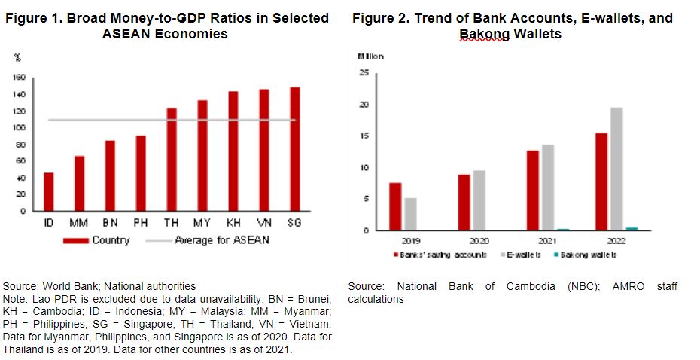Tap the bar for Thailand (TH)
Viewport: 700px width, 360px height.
pyautogui.click(x=172, y=160)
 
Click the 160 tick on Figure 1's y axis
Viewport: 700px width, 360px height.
pyautogui.click(x=20, y=78)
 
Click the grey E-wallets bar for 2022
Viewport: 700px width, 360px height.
pyautogui.click(x=616, y=169)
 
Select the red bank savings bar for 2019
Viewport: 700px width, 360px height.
pyautogui.click(x=395, y=206)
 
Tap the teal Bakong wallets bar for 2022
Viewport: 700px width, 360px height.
pyautogui.click(x=632, y=228)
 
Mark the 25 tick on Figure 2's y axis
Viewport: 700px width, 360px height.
pyautogui.click(x=364, y=73)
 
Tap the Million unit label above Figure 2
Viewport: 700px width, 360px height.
pyautogui.click(x=370, y=56)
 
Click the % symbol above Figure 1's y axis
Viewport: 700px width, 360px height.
pyautogui.click(x=17, y=57)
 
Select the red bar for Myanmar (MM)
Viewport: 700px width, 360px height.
pyautogui.click(x=79, y=183)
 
